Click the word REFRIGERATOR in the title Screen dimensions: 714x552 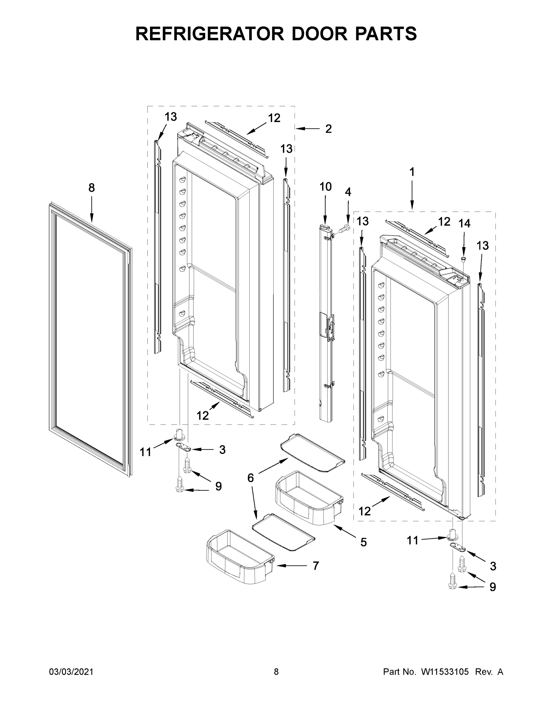[209, 34]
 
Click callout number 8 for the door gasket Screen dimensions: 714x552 [92, 188]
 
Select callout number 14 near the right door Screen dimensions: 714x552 [464, 223]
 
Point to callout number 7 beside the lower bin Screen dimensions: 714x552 [315, 566]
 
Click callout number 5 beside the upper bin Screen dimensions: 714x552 [364, 543]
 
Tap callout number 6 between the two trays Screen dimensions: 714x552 [251, 478]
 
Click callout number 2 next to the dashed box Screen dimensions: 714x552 [328, 129]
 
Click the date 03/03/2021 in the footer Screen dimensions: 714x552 [71, 672]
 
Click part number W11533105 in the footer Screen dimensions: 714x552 [445, 672]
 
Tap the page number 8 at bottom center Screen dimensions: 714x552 [276, 672]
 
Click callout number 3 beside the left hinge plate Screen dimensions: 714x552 [222, 450]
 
